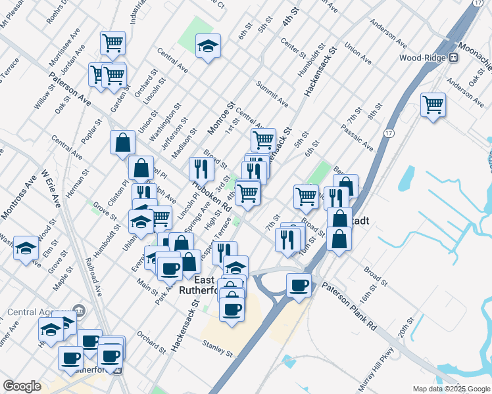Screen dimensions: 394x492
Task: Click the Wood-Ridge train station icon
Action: (x=453, y=57)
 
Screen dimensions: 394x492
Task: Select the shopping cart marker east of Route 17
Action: (x=433, y=104)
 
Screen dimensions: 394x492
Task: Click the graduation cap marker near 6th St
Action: (x=209, y=46)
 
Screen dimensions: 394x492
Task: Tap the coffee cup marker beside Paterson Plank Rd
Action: (x=299, y=285)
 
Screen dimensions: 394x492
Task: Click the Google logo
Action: (x=22, y=386)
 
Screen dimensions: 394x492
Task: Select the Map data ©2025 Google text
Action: (x=451, y=389)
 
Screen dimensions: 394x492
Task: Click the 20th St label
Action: (x=405, y=327)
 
